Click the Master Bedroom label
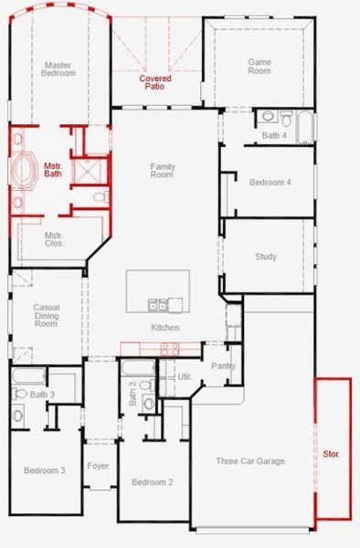tap(59, 68)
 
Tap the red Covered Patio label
tap(155, 82)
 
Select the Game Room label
tap(260, 66)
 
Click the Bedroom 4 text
tap(270, 182)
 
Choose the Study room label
tap(266, 257)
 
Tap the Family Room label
tap(163, 171)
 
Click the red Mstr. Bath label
tap(53, 170)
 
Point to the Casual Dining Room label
tap(46, 316)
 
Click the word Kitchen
tap(165, 327)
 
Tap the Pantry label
tap(223, 365)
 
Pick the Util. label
tap(183, 375)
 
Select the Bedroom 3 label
tap(45, 470)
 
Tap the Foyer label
tap(99, 466)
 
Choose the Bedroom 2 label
tap(152, 481)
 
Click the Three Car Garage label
tap(250, 461)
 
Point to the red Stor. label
tap(332, 453)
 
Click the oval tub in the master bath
tap(23, 171)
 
